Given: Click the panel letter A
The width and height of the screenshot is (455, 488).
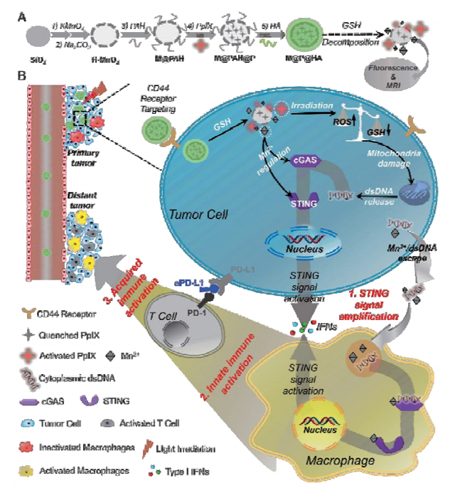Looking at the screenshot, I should tap(22, 11).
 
